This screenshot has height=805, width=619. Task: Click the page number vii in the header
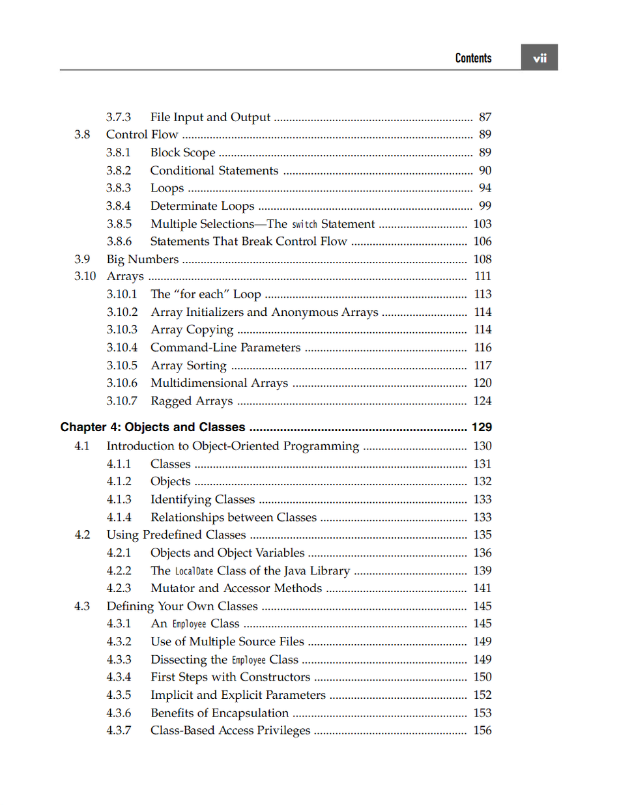[540, 58]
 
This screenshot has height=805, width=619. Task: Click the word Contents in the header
[473, 58]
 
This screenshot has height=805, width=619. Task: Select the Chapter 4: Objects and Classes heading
[153, 427]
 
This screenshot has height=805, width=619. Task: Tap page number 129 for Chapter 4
[482, 427]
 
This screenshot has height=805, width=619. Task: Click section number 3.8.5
[119, 224]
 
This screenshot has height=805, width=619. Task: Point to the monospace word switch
[304, 225]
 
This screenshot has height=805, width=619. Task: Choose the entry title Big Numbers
[143, 259]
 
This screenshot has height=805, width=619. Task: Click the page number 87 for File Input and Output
[485, 117]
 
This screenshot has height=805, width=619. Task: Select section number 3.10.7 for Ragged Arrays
[122, 401]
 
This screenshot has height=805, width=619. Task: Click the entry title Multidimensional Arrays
[219, 383]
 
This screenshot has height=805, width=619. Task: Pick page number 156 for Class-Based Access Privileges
[482, 730]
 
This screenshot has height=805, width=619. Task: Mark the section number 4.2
[82, 535]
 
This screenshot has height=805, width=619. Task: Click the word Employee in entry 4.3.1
[189, 624]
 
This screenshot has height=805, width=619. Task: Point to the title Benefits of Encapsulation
[220, 713]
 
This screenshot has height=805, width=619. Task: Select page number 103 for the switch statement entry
[482, 224]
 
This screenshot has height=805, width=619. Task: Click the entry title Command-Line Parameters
[225, 348]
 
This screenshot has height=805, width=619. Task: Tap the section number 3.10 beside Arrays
[85, 276]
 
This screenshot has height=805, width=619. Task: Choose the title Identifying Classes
[203, 500]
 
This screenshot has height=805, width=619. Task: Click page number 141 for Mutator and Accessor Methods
[482, 588]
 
